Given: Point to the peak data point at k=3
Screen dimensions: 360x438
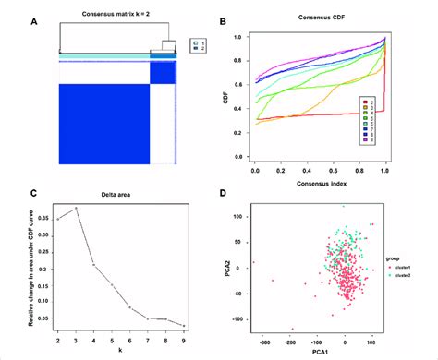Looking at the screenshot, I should [x=77, y=209].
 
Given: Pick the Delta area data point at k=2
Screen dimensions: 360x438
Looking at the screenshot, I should [x=58, y=219].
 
